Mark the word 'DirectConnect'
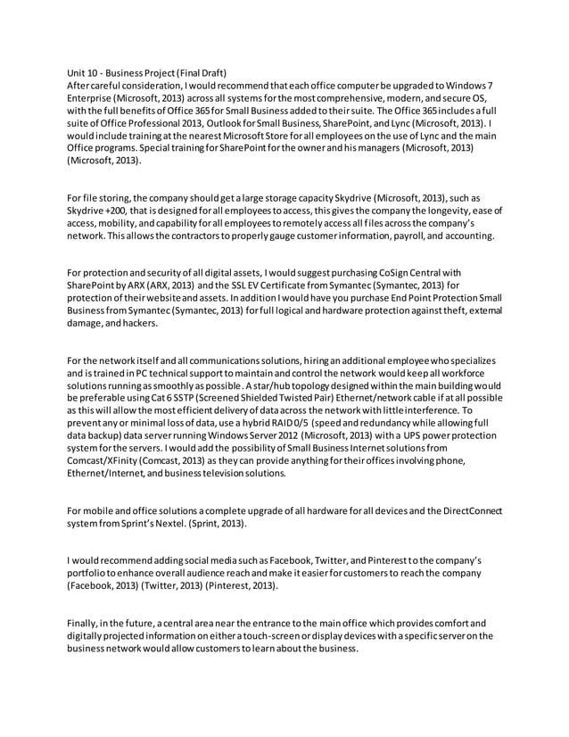(x=464, y=509)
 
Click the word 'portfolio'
(x=89, y=571)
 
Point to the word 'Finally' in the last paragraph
(x=83, y=621)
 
